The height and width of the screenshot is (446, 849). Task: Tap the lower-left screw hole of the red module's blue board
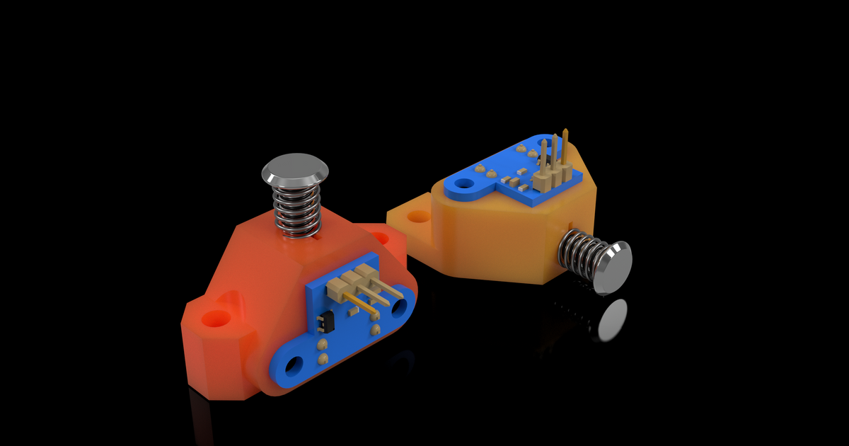[293, 365]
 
